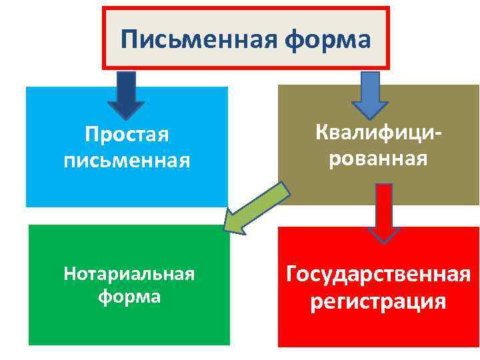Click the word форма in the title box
[327, 39]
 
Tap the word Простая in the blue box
[127, 135]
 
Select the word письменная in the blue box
[127, 160]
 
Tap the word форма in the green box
[129, 295]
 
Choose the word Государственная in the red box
[379, 274]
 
